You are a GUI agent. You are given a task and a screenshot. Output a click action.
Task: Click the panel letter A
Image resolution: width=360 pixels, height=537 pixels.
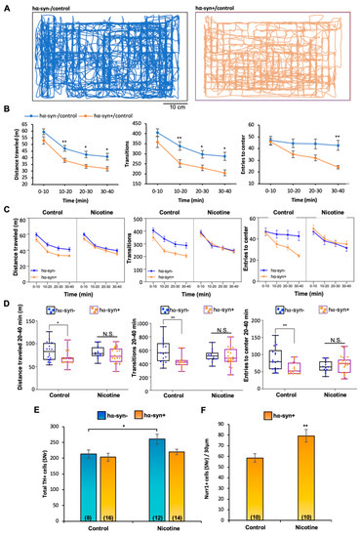tap(7, 6)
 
